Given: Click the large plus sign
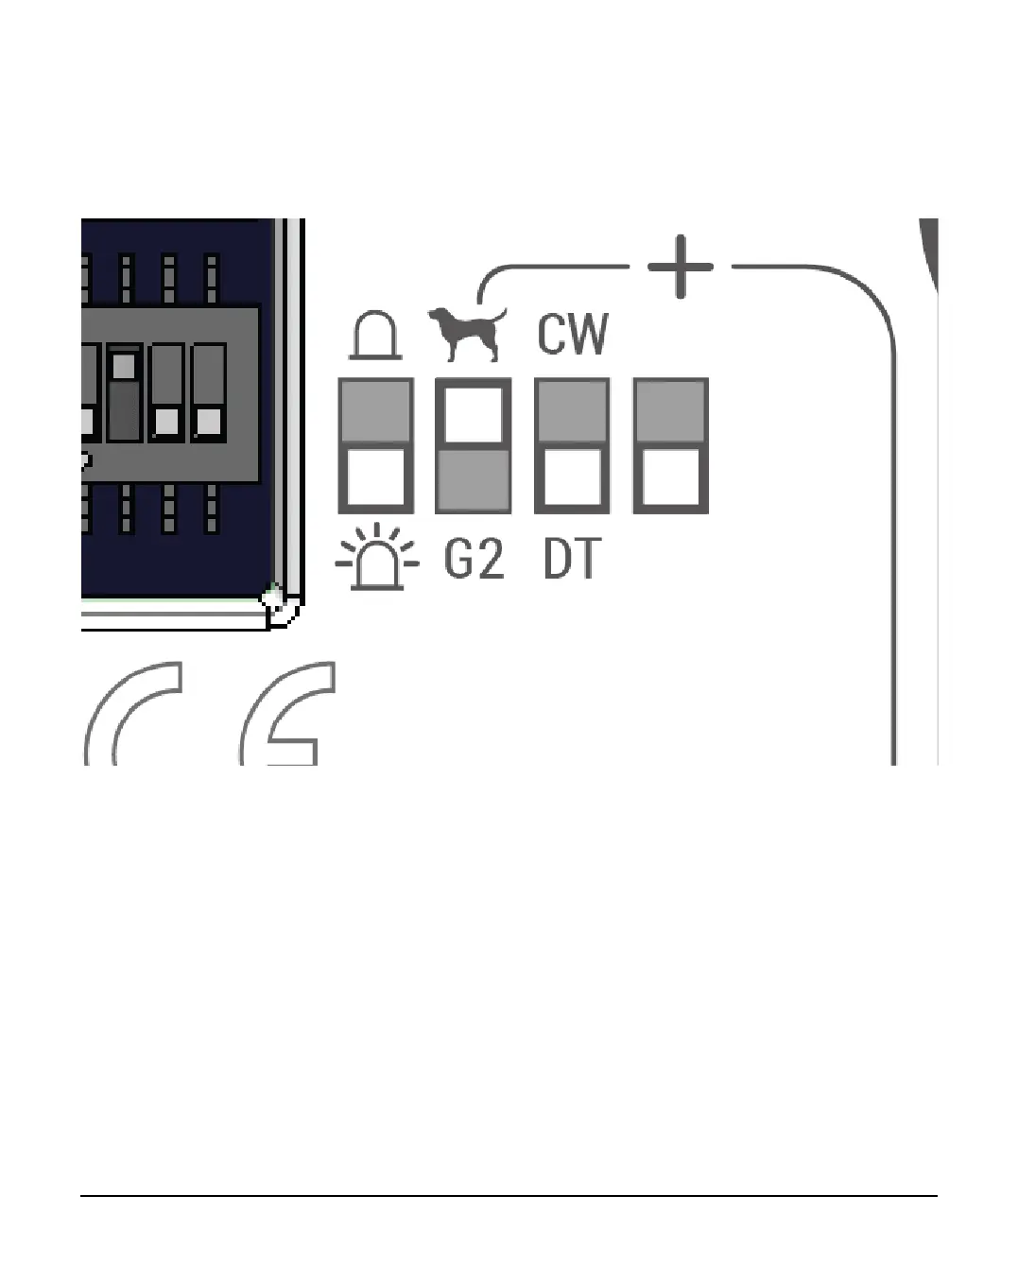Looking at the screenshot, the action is (680, 267).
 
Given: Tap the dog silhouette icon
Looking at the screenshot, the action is (468, 333).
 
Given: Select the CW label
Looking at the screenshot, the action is (573, 334).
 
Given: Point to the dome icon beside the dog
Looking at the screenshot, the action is (375, 336).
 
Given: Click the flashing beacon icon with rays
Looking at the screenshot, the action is (376, 558).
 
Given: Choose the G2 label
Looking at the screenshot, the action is (474, 560).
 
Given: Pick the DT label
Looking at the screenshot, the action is (572, 560).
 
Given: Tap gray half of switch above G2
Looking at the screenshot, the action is (473, 480).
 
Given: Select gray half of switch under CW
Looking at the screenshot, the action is (572, 411).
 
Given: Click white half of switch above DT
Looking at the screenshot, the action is (572, 478).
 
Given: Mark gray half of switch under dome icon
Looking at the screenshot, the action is (375, 411).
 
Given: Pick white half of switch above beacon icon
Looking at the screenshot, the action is (375, 478).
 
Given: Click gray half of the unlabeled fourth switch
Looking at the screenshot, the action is (670, 411).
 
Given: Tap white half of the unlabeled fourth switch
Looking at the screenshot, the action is (670, 478).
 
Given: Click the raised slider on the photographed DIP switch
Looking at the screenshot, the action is (124, 366).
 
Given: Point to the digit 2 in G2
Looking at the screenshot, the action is (490, 560).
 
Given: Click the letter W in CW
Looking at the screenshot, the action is (590, 334).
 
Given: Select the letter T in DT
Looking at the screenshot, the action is (587, 560).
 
